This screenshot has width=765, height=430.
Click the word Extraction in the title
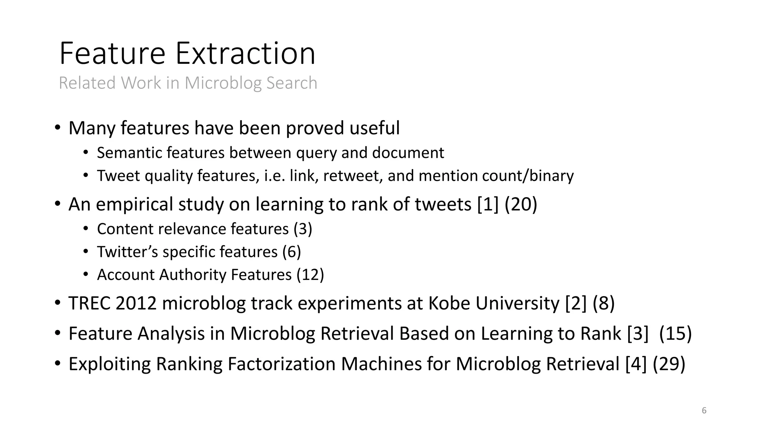click(245, 53)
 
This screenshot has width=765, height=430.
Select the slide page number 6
click(704, 411)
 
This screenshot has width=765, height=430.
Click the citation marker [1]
click(488, 204)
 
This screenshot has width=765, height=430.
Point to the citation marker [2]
click(576, 303)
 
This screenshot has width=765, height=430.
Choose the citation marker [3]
click(638, 333)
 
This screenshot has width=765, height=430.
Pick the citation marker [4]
click(636, 364)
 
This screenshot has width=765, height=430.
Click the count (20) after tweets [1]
click(521, 204)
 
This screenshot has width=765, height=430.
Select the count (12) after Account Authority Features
click(310, 275)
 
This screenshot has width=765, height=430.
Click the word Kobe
click(449, 303)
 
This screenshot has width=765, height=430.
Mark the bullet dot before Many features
click(57, 128)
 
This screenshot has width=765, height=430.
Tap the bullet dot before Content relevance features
click(86, 228)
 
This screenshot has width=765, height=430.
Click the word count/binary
click(527, 176)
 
